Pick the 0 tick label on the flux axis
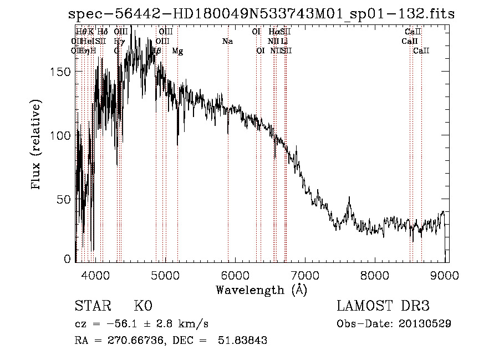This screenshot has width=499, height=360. point(68,259)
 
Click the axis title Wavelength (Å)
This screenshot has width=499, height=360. point(261,290)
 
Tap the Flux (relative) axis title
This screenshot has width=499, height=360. point(37,146)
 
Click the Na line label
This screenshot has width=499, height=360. point(227,42)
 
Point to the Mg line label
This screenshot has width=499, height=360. point(177,51)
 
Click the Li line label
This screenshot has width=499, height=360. point(284,42)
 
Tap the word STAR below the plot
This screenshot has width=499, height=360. point(92,307)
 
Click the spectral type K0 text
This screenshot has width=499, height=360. point(143,307)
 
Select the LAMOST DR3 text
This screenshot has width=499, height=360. point(383,307)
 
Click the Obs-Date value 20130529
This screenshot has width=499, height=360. point(427,323)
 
